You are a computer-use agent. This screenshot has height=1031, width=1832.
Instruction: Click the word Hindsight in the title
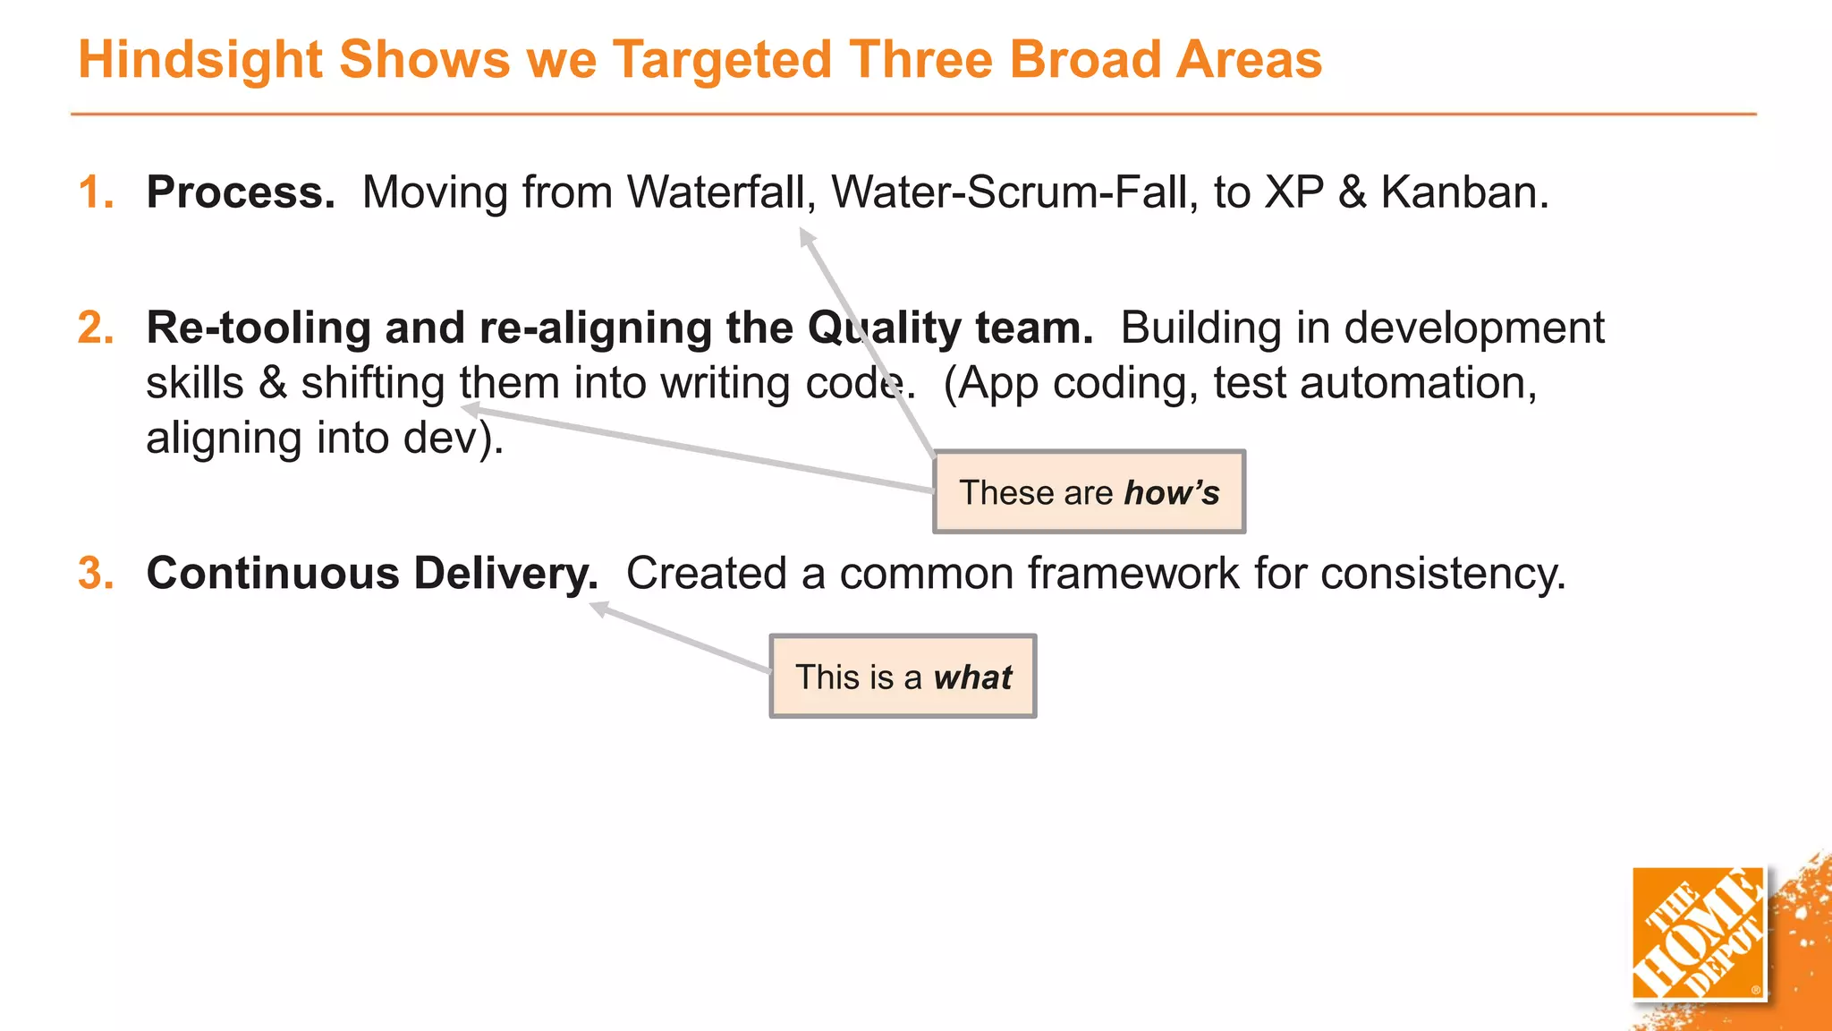[x=200, y=60]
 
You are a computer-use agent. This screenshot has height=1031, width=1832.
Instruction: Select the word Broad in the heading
[x=1084, y=60]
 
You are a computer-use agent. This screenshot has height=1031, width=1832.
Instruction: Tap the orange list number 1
[x=94, y=192]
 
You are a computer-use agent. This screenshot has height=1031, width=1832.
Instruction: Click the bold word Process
[x=240, y=192]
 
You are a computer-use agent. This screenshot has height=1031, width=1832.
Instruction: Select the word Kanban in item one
[x=1463, y=192]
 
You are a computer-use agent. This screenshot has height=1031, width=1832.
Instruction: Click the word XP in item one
[x=1293, y=192]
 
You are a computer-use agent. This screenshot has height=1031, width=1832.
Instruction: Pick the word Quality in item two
[x=882, y=328]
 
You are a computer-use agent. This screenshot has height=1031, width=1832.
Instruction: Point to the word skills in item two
[x=194, y=383]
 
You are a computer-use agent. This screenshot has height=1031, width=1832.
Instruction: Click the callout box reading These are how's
[x=1089, y=492]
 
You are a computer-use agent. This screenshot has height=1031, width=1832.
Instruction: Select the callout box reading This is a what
[x=903, y=677]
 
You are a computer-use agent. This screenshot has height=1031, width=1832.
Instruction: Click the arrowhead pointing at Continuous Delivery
[x=598, y=609]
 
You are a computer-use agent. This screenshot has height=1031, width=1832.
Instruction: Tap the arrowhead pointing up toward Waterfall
[x=806, y=236]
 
